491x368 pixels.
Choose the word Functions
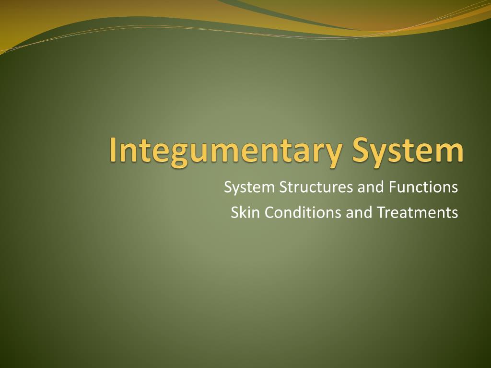coord(423,187)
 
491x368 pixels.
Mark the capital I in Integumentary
coord(113,149)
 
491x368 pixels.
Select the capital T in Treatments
coord(381,212)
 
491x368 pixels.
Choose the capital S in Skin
coord(235,212)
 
